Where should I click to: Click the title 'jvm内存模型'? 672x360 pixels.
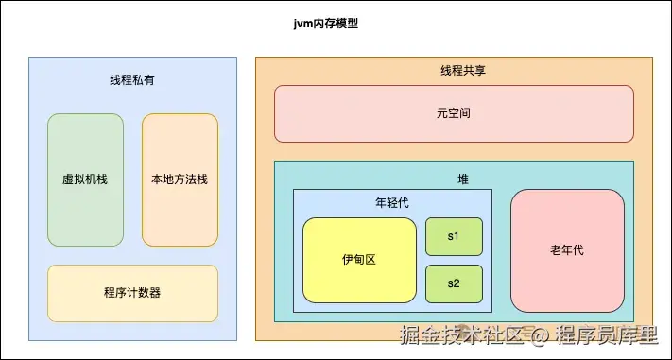[326, 24]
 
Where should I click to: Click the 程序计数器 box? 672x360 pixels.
[132, 293]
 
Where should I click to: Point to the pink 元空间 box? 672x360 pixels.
[454, 113]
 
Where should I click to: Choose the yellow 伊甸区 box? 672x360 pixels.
[359, 260]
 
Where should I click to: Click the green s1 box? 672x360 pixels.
[454, 236]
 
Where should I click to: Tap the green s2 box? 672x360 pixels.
[454, 283]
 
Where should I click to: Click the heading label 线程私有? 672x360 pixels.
[132, 80]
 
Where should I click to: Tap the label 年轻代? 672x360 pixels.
[392, 202]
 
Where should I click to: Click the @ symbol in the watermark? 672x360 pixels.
[538, 335]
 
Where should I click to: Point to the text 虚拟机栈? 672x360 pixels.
[85, 179]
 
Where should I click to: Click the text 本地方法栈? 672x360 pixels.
[180, 179]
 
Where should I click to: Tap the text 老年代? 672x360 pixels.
[567, 250]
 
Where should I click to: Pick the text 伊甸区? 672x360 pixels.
[359, 260]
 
